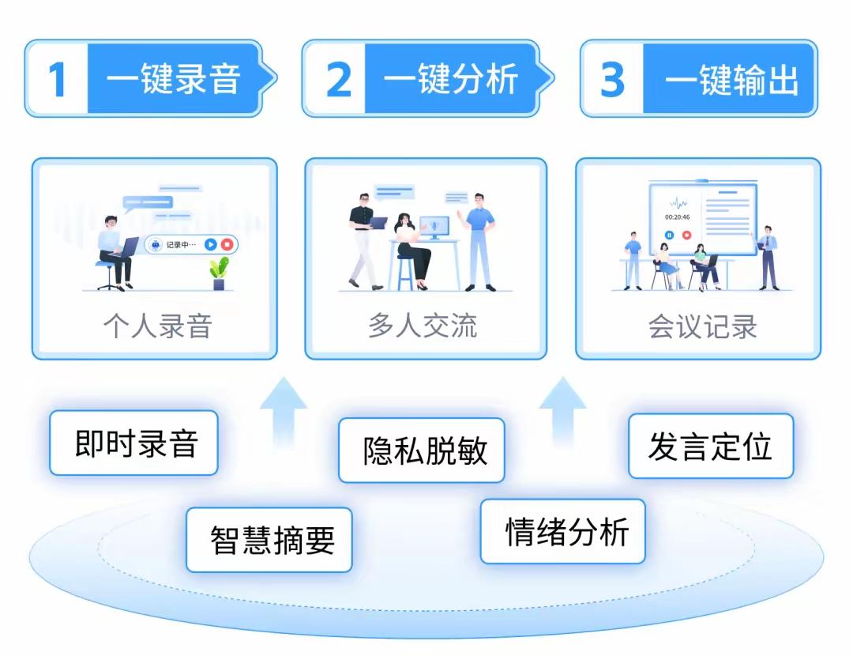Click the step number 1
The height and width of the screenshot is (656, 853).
[x=57, y=79]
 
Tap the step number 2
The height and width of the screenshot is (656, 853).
[x=339, y=79]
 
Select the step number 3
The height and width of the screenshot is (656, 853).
[x=613, y=79]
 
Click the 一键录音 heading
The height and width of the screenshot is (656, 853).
[x=173, y=79]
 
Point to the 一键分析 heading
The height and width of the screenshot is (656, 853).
[x=451, y=79]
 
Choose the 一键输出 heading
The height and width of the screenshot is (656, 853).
[x=731, y=79]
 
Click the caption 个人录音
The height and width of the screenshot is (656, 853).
[x=157, y=326]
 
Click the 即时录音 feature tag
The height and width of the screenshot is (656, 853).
[x=135, y=443]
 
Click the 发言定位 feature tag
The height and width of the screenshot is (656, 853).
[x=710, y=447]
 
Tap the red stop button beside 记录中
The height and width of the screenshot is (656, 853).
[x=227, y=245]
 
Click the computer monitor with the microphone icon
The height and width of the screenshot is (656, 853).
[x=434, y=227]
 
